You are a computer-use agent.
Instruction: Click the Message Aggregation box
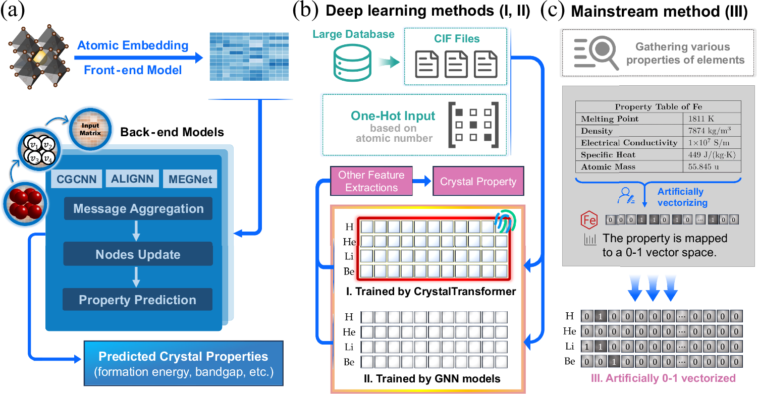tap(138, 209)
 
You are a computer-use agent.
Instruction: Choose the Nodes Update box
tap(138, 254)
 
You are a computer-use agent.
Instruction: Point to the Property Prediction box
tap(137, 300)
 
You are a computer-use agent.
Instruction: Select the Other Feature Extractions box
tap(371, 181)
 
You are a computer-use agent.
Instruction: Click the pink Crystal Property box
tap(477, 181)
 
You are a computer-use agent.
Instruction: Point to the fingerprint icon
tap(506, 220)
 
